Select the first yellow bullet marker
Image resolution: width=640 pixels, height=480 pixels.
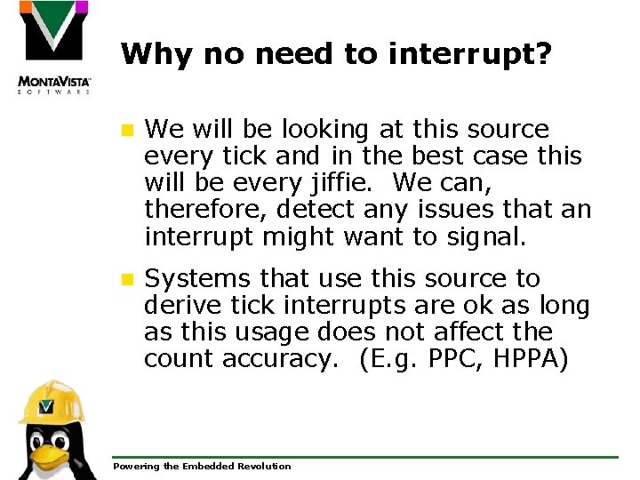tap(127, 130)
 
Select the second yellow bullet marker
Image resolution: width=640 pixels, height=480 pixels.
tap(127, 279)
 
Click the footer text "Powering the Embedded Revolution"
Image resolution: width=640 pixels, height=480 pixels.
tap(202, 466)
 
